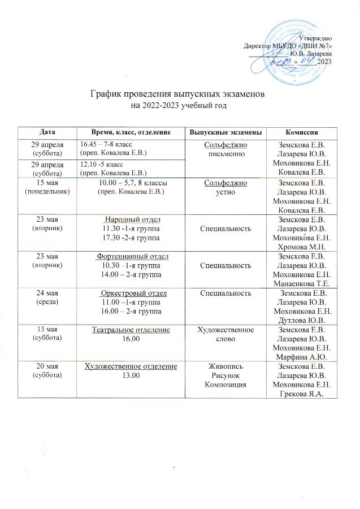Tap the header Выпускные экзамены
point(225,131)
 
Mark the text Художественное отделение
point(131,367)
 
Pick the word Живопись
point(225,367)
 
